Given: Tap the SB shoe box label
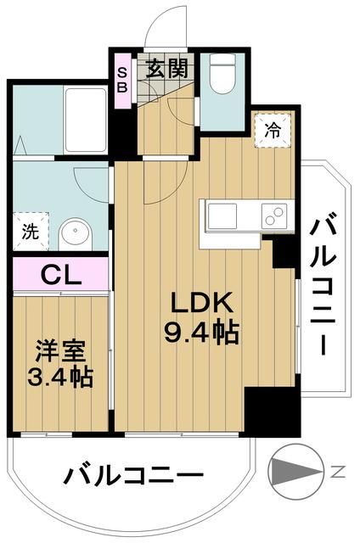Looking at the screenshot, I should coord(122,79).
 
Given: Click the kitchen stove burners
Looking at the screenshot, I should coord(273,217).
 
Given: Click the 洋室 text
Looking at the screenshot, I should coord(59,350).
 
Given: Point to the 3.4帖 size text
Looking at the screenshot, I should coord(59,374).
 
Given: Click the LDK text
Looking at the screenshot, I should coord(201,304).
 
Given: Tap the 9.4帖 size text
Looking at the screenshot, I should coord(201,332).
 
